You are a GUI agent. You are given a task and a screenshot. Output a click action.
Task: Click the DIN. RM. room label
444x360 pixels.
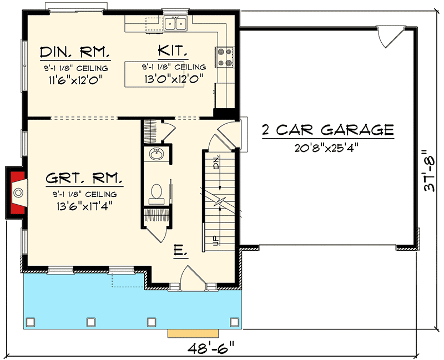[74, 53]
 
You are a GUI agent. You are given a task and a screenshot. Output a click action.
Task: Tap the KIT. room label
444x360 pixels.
[173, 53]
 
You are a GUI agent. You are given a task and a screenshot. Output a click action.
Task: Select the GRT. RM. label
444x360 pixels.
[84, 180]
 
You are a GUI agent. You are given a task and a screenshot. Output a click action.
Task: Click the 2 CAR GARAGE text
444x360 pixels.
[327, 130]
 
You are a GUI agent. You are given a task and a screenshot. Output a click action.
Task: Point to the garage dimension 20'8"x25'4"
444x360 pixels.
[327, 148]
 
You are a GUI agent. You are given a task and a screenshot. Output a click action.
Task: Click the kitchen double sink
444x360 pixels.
[176, 23]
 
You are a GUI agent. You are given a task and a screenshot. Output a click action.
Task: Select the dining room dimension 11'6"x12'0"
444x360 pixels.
[74, 79]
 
